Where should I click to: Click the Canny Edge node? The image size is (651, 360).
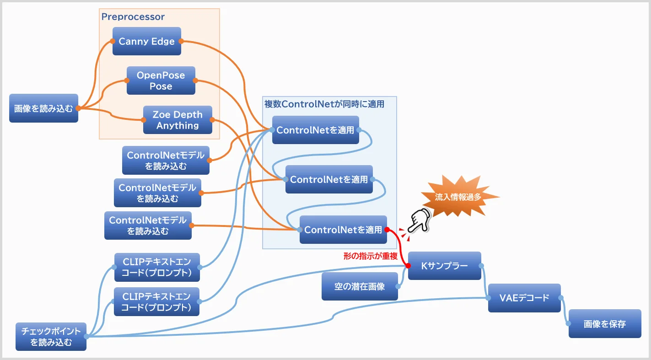(146, 41)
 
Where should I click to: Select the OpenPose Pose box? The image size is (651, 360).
(161, 81)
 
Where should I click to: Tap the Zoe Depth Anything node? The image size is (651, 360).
(178, 120)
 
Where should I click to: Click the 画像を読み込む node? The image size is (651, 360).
(43, 108)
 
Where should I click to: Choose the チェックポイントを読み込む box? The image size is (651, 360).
(51, 336)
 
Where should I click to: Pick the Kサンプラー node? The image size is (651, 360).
(444, 265)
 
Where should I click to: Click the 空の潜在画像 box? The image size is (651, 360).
(360, 286)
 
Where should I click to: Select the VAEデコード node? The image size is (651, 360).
(524, 298)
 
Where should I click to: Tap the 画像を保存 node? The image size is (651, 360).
(605, 324)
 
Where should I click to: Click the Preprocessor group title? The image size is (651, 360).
(133, 17)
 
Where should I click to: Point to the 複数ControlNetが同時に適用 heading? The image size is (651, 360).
(324, 104)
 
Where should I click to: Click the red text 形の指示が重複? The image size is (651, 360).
(371, 256)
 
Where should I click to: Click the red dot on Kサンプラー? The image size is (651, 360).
(408, 265)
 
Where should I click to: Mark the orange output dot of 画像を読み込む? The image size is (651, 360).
(78, 108)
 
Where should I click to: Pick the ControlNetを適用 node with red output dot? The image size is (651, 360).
(343, 230)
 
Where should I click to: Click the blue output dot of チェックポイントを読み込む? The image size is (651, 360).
(86, 336)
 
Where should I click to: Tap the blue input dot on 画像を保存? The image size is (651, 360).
(569, 324)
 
